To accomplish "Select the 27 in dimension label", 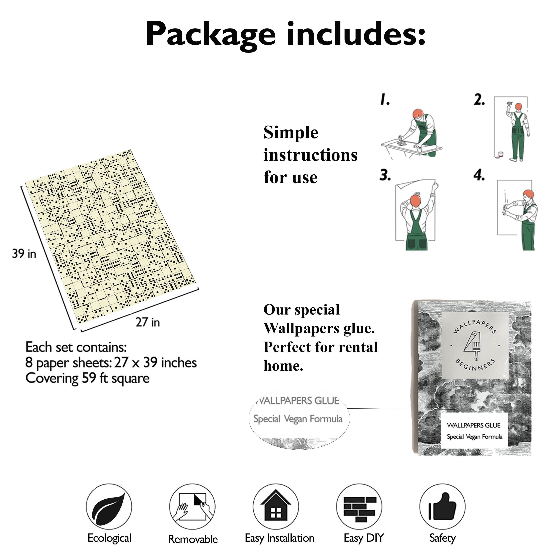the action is point(148,322).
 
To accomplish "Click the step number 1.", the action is point(385,100).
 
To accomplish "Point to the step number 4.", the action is point(479,175).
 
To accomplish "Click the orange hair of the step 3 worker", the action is point(416,200).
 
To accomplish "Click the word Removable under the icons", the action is point(193,539).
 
